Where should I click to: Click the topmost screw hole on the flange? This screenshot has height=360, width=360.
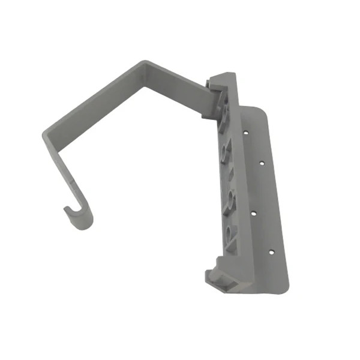245,129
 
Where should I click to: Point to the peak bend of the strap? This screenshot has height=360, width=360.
144,65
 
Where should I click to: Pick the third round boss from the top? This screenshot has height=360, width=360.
227,198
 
